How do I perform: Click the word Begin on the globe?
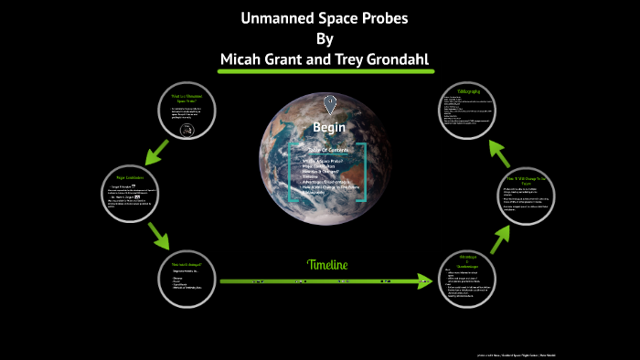(328, 126)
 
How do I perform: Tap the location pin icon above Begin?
(329, 102)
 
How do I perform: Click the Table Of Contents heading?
(327, 149)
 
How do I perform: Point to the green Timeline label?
(326, 265)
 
